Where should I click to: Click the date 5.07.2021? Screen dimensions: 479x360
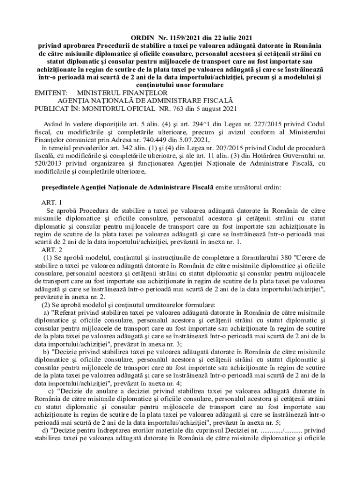(191, 140)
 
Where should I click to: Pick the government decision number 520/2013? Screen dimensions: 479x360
(48, 163)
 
